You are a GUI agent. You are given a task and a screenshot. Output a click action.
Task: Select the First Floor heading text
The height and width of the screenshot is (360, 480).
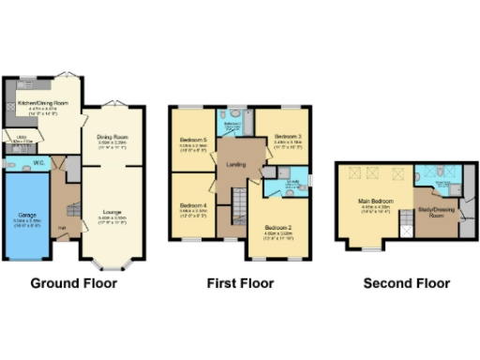[239, 283]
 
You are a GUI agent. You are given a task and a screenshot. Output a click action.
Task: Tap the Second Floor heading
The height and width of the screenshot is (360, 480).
[406, 283]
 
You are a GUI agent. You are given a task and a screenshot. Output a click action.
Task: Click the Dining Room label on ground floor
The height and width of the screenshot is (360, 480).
[112, 137]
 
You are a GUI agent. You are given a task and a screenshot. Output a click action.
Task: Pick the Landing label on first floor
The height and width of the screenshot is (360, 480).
[235, 163]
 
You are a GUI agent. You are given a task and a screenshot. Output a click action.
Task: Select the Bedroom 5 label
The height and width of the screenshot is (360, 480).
[192, 141]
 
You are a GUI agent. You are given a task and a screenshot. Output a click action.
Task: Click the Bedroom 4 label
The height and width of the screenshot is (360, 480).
[192, 205]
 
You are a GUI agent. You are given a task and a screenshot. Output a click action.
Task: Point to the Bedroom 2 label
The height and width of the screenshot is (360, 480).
[278, 228]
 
